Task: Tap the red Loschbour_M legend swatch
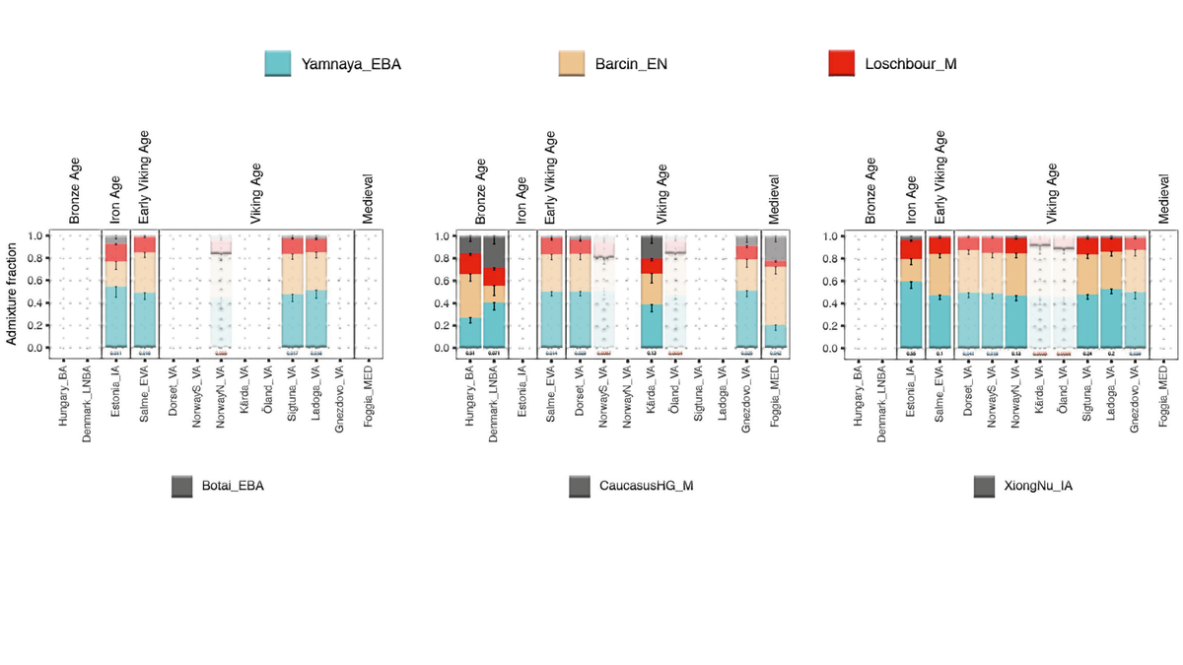coord(841,64)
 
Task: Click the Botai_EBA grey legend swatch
coord(181,486)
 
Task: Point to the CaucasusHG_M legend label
coord(647,486)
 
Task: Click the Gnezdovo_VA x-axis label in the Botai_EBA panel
coord(339,401)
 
